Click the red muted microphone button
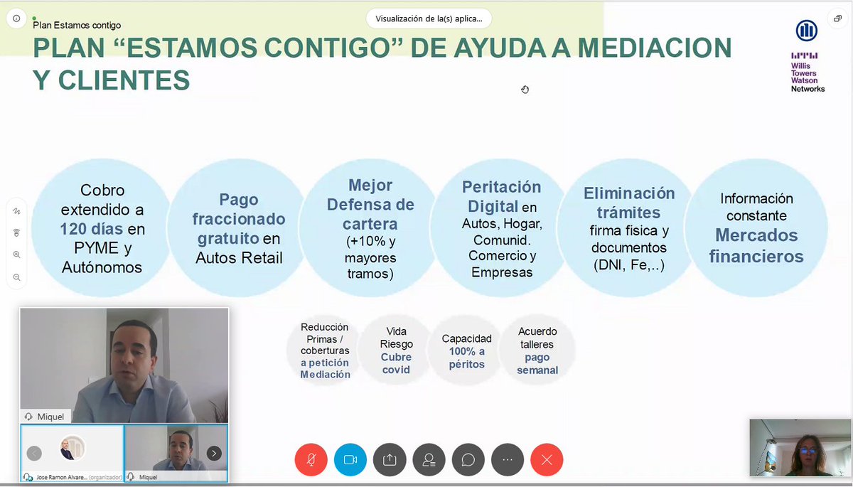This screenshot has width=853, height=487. click(311, 459)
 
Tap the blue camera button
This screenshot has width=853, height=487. click(350, 459)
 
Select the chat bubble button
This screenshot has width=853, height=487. click(468, 459)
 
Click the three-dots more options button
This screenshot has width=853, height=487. click(507, 459)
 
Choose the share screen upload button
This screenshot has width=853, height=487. click(390, 459)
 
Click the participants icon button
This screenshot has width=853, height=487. click(429, 459)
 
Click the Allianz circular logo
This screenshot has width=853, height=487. click(807, 30)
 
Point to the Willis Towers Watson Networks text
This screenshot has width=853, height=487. click(808, 74)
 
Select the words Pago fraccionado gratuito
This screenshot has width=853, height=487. click(239, 219)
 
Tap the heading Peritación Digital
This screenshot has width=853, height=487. click(500, 196)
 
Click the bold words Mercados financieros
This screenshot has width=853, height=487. click(756, 245)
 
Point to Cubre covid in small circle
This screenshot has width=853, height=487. click(396, 363)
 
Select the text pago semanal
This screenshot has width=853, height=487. click(537, 364)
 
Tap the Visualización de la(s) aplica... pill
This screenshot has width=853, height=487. click(429, 18)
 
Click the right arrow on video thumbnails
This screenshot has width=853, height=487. click(214, 453)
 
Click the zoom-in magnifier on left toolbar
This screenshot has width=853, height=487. click(16, 255)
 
